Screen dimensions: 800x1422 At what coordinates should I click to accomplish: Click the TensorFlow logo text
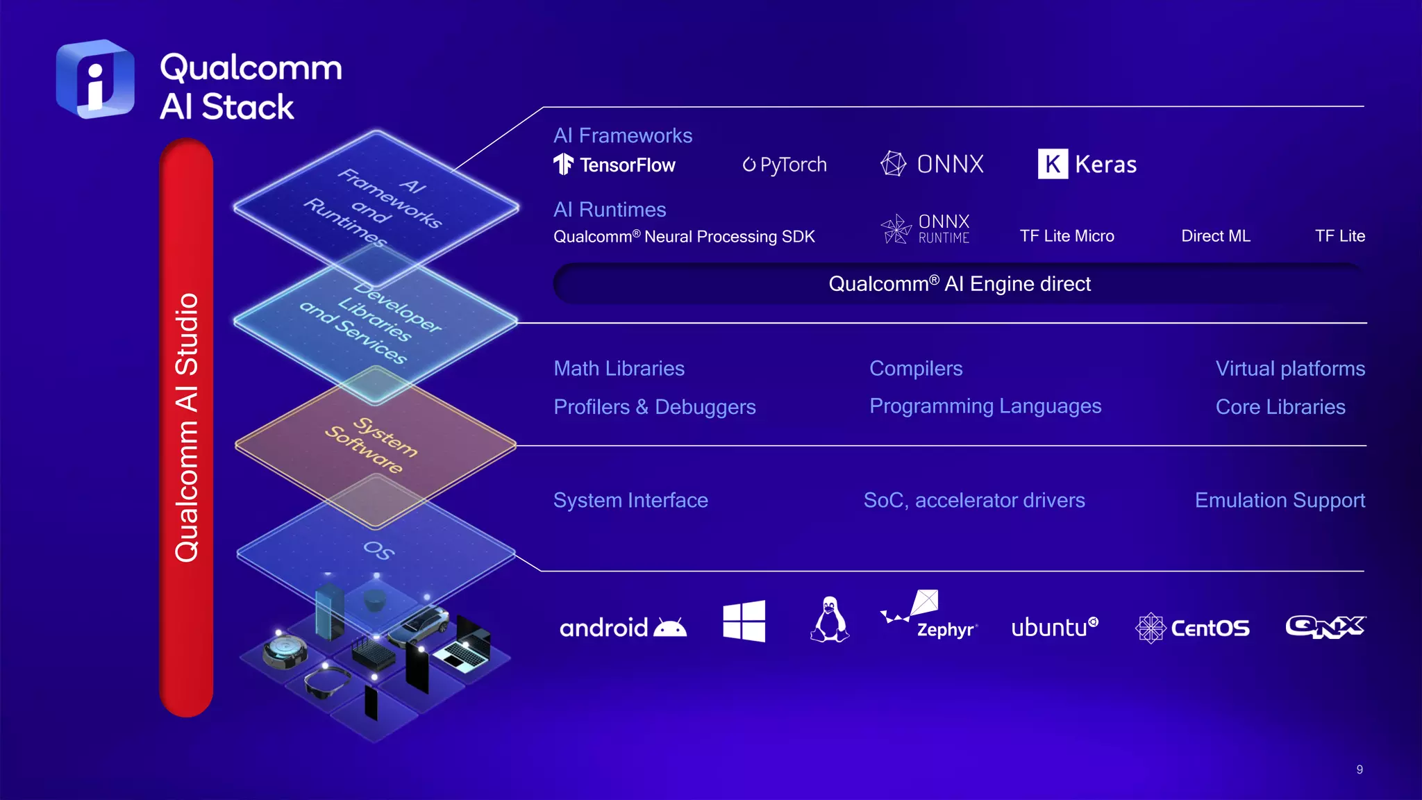(x=627, y=165)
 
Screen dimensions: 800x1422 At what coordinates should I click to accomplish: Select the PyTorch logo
(x=785, y=165)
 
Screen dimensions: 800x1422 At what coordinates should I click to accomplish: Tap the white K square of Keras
(x=1053, y=165)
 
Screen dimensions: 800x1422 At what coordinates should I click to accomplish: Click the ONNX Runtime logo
(x=926, y=228)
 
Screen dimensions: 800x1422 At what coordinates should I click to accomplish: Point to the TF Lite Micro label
(x=1066, y=236)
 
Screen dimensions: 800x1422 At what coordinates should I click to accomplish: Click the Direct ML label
(x=1215, y=236)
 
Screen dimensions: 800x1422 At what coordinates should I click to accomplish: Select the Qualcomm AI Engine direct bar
(x=959, y=284)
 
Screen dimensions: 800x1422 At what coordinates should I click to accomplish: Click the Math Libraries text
(x=619, y=369)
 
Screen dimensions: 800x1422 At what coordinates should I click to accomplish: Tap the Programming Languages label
(x=985, y=406)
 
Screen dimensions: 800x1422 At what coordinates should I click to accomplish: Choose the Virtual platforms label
(x=1289, y=369)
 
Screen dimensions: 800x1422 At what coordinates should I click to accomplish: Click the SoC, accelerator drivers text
(x=973, y=501)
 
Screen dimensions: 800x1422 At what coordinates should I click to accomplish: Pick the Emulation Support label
(x=1279, y=501)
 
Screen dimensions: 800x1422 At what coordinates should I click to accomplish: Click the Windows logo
(x=744, y=621)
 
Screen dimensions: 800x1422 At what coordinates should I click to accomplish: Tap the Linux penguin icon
(x=829, y=619)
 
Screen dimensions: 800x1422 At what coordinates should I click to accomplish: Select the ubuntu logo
(x=1054, y=627)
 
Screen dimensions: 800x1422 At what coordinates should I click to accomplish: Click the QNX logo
(x=1325, y=626)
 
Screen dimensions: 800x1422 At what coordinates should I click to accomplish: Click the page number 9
(x=1359, y=769)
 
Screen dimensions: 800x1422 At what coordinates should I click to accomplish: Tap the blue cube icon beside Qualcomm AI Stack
(x=95, y=79)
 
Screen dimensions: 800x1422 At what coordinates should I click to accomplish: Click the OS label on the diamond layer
(x=379, y=551)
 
